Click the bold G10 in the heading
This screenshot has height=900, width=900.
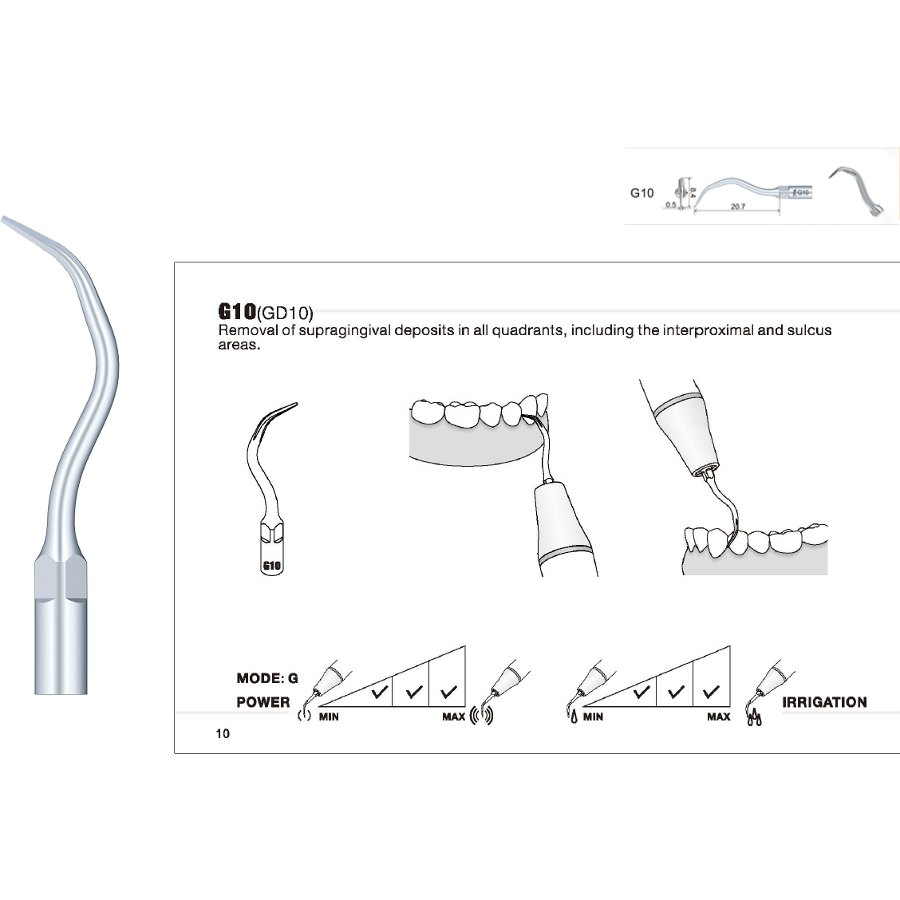click(237, 311)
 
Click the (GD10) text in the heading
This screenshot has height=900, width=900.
click(285, 313)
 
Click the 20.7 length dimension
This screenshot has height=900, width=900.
click(737, 207)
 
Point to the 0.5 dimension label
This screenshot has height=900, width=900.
click(670, 205)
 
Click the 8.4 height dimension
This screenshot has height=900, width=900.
click(693, 191)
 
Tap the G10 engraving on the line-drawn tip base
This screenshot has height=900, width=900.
click(272, 566)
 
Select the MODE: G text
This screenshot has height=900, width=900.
click(267, 678)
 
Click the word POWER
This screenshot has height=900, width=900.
click(263, 702)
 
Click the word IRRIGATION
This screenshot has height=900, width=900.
click(824, 702)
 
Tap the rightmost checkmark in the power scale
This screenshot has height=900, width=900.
click(448, 691)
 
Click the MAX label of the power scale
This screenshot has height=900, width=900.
click(454, 716)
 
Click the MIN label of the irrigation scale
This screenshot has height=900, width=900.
click(593, 716)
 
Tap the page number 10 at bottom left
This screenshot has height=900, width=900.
click(223, 733)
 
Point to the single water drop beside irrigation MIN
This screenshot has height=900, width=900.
click(573, 718)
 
